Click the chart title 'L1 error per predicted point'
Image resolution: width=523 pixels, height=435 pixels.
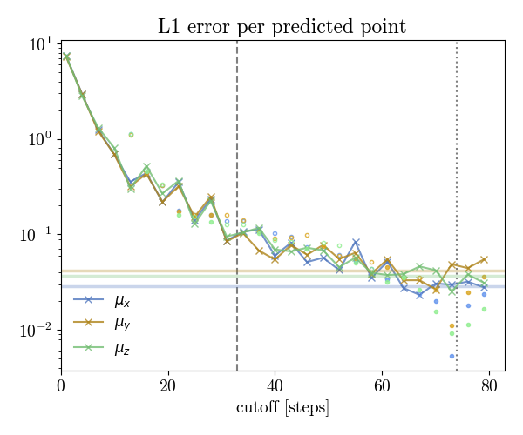[x=282, y=27]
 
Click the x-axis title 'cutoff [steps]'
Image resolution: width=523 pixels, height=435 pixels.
[x=282, y=407]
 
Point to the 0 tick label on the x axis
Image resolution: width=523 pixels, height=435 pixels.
[x=61, y=385]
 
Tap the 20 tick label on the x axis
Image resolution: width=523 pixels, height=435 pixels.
[x=168, y=385]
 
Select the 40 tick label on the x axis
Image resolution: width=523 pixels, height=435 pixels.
[x=275, y=385]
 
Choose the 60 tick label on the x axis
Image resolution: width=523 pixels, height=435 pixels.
[x=382, y=385]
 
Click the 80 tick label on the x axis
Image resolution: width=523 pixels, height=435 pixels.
[x=489, y=385]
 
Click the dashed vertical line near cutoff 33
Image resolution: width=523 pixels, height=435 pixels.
[x=237, y=174]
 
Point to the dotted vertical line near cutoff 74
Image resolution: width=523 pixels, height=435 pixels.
[x=457, y=174]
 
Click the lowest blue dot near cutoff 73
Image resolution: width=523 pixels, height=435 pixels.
[x=452, y=356]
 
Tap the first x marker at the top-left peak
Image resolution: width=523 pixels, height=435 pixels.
[x=66, y=57]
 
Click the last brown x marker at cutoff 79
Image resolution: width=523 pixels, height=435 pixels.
[x=484, y=259]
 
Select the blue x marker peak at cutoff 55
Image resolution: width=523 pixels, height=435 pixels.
[x=356, y=242]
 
